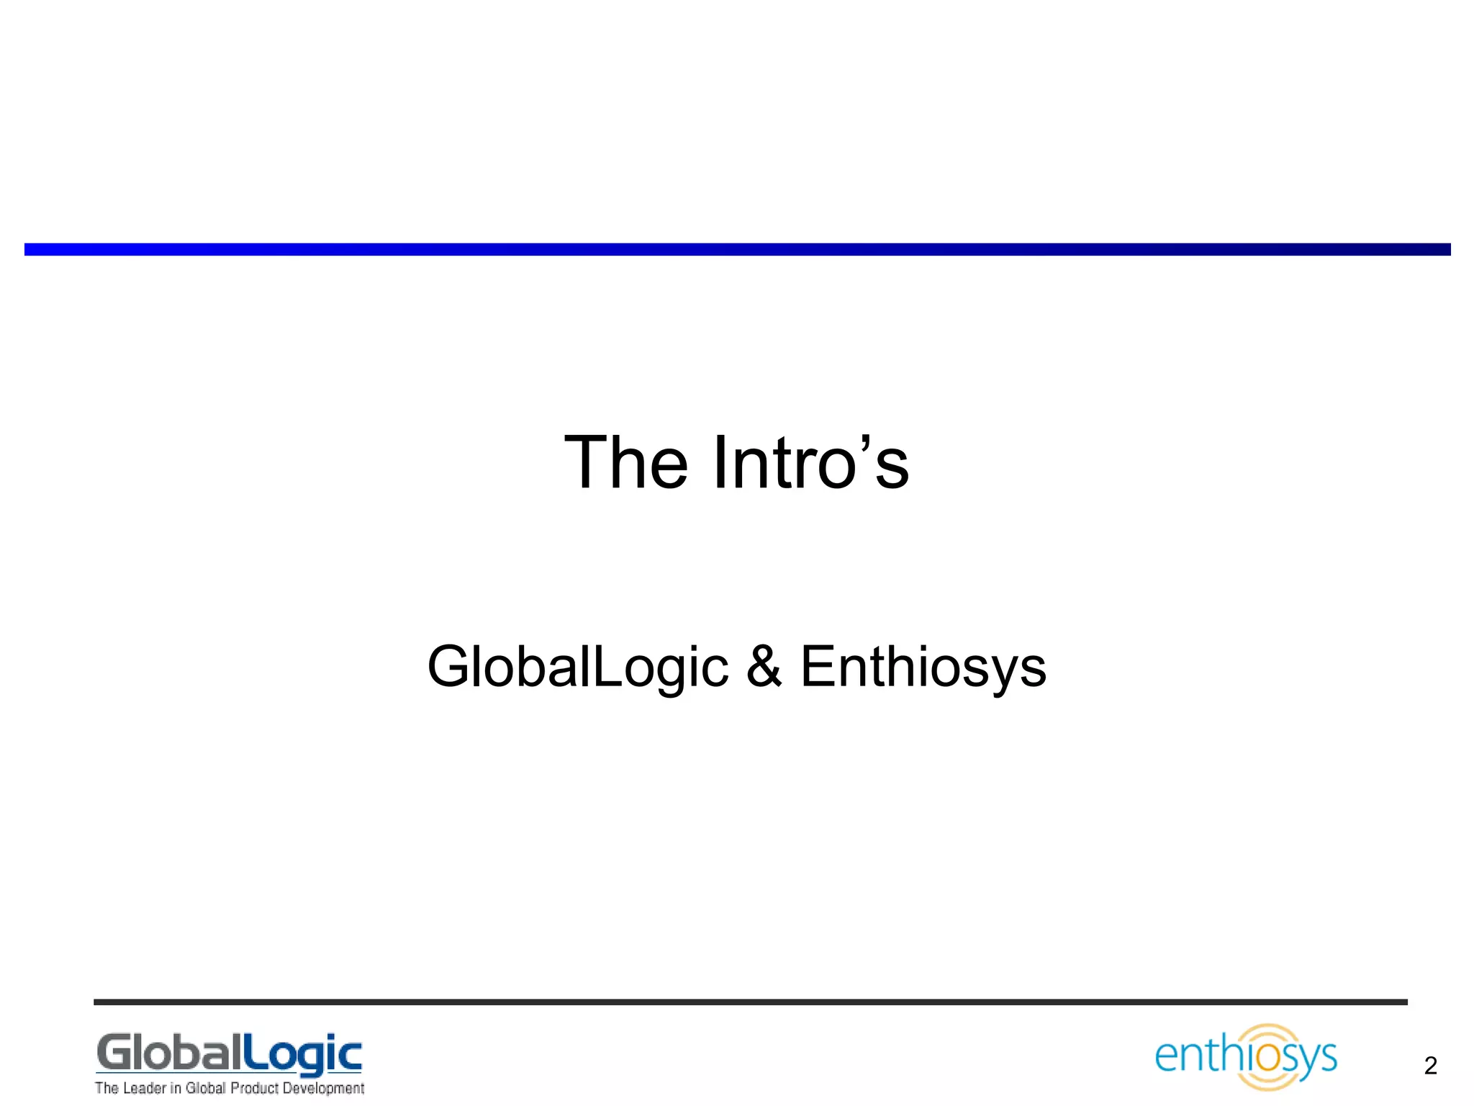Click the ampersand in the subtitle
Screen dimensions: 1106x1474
764,667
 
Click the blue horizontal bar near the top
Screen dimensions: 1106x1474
737,249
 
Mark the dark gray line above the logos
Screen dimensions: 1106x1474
750,1002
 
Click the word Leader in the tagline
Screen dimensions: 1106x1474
144,1088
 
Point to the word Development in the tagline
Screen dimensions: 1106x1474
323,1089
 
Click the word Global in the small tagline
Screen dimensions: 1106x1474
205,1088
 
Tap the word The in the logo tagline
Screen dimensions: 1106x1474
107,1088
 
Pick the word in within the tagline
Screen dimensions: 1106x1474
176,1088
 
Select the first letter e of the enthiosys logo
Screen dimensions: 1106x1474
1167,1057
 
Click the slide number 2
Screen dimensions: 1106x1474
1430,1066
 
